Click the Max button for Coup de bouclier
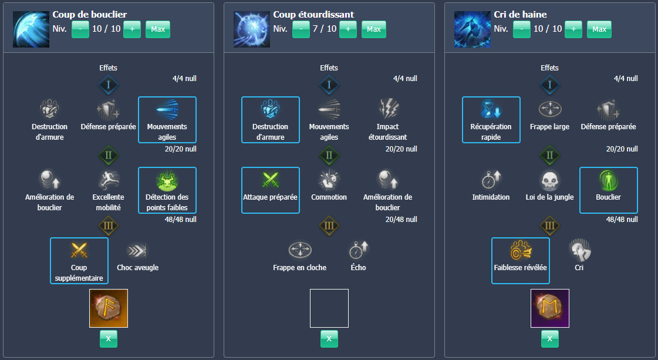158,29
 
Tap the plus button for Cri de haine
573,29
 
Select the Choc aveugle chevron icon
137,251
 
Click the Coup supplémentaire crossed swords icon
79,250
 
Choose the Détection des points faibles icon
167,180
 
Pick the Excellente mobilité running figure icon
108,180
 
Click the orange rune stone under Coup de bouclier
108,308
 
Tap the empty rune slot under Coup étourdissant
329,308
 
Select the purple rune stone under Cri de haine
550,308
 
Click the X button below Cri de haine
550,339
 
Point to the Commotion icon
329,180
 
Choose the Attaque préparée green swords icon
270,180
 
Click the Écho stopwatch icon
359,250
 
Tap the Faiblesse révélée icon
521,250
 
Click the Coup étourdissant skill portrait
252,29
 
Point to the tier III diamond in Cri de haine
550,226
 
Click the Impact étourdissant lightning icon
388,109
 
